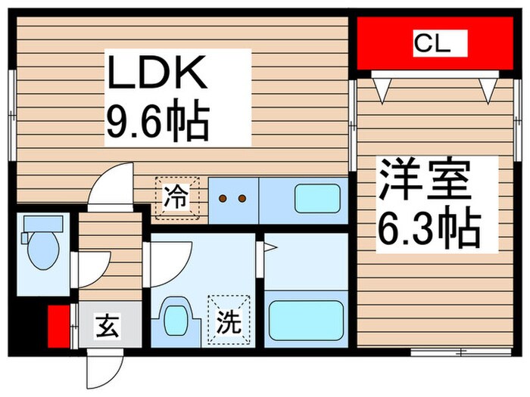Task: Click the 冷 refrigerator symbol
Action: click(x=176, y=199)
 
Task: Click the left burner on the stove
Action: click(x=224, y=200)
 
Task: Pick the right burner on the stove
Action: click(x=242, y=200)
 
